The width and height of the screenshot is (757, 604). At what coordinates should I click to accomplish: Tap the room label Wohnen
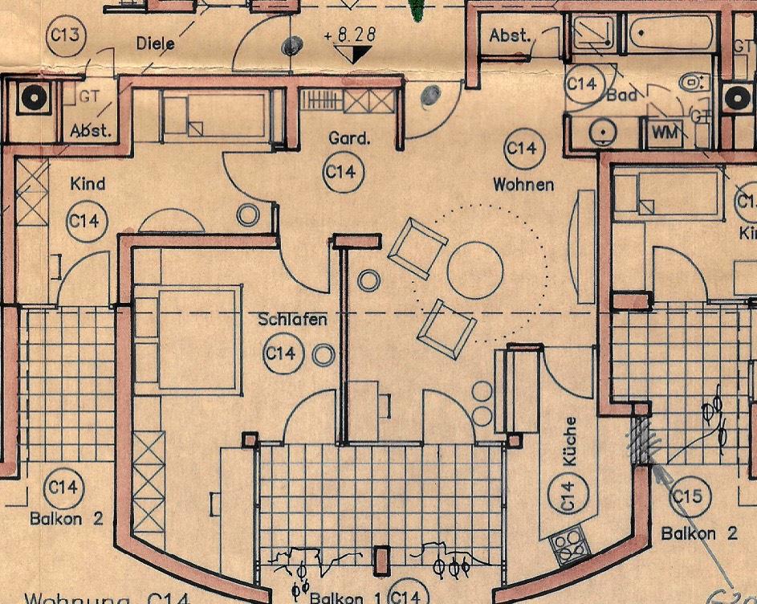523,185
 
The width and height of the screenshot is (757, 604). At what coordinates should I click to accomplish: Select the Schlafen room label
292,320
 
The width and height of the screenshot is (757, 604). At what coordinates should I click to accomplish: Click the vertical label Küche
571,442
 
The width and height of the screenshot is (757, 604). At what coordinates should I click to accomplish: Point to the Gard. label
349,139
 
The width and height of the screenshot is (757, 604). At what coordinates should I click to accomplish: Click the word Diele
155,43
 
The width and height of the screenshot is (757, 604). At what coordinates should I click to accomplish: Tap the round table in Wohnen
474,269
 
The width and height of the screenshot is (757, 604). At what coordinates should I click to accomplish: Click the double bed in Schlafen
199,340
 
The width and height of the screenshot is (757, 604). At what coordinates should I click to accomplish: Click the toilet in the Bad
690,82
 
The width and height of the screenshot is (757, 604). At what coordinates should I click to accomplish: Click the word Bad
621,96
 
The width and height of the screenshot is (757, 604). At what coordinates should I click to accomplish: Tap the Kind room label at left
88,184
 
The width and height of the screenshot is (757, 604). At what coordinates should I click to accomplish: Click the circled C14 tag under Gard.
340,172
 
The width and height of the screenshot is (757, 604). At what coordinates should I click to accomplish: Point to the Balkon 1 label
346,598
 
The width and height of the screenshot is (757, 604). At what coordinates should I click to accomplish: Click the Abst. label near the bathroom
510,35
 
